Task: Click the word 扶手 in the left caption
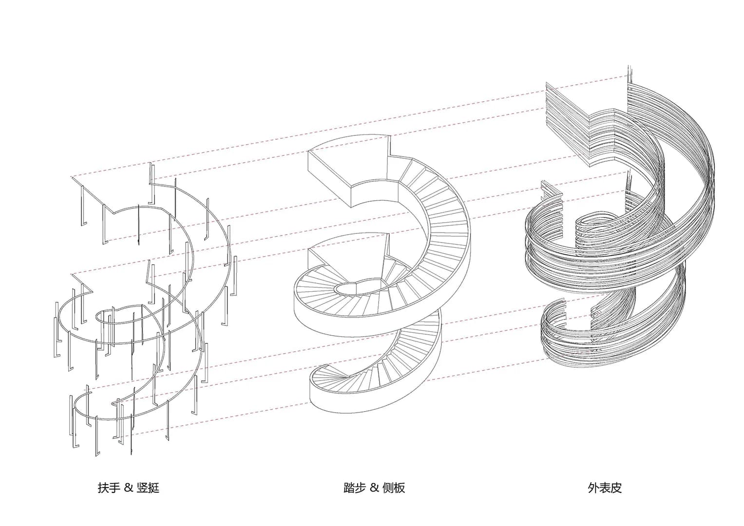pos(109,488)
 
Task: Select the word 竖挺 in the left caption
pos(148,488)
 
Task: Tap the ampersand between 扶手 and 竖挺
pos(129,488)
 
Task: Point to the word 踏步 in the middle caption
pos(354,488)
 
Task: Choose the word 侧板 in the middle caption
pos(394,488)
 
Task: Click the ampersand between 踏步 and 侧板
pos(374,488)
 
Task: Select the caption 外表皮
pos(605,488)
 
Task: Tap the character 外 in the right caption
pos(593,488)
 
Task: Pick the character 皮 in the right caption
pos(616,488)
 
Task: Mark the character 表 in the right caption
pos(605,488)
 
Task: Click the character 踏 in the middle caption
pos(349,488)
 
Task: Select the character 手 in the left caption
pos(114,488)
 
